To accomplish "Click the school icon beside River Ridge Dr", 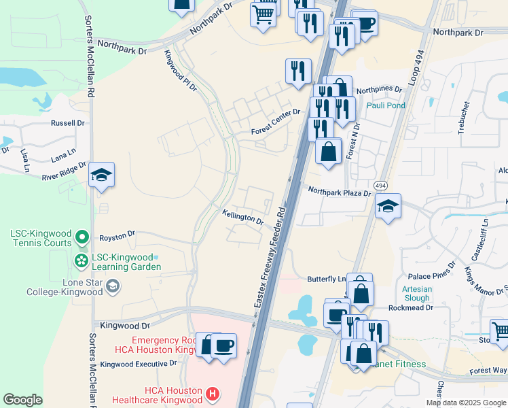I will click(x=101, y=175).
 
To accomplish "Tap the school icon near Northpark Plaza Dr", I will click(x=388, y=206).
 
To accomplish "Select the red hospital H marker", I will click(x=213, y=393).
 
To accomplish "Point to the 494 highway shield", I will click(x=380, y=185).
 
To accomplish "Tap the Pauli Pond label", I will click(x=386, y=105).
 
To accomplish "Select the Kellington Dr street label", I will click(x=242, y=217).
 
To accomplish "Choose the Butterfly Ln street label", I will click(x=327, y=279).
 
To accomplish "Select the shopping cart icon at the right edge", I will click(x=500, y=332).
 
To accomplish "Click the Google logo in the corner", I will click(x=22, y=400).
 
